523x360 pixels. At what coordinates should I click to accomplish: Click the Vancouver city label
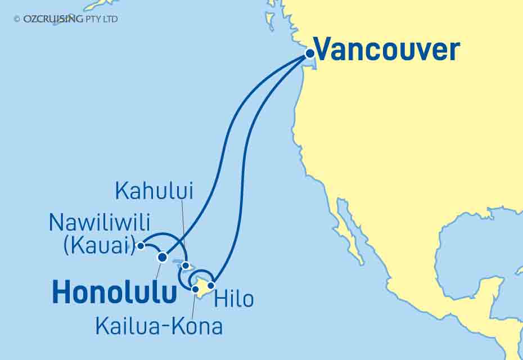pos(387,50)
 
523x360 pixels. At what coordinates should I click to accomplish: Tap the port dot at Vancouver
pos(309,54)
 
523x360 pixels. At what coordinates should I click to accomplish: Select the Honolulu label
pos(115,293)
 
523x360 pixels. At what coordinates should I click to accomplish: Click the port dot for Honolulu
pos(163,257)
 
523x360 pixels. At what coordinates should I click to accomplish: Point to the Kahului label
pos(154,191)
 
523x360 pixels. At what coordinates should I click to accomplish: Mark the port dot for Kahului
pos(186,265)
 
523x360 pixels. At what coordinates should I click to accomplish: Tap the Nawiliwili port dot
pos(141,245)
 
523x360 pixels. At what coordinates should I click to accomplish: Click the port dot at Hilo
pos(211,285)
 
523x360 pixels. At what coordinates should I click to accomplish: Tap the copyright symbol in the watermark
pos(17,19)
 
